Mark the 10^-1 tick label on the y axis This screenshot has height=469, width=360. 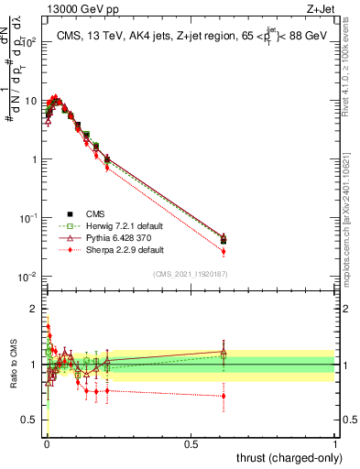click(29, 218)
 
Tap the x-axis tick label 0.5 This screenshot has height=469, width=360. click(191, 444)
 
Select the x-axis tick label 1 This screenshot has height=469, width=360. click(335, 444)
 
